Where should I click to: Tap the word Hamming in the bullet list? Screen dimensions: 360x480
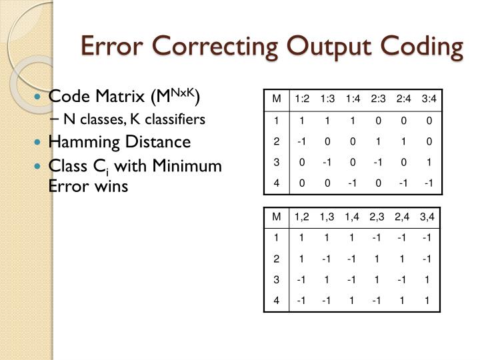(x=83, y=141)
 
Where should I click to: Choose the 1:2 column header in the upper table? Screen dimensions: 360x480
(x=302, y=99)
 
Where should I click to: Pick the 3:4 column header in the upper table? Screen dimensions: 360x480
(x=429, y=99)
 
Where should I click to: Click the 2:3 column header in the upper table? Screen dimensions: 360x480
(x=378, y=99)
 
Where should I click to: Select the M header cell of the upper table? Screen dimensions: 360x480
(x=275, y=99)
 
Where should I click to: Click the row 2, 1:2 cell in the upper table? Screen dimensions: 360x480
(x=302, y=141)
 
